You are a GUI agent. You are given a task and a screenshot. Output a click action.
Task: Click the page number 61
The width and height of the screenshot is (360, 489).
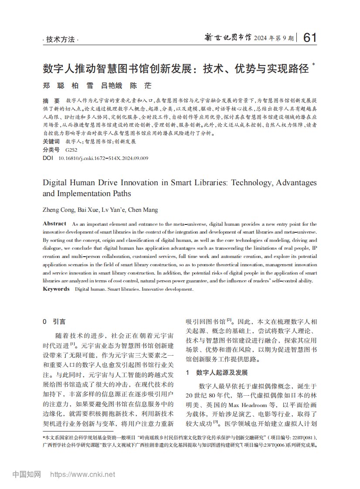[x=309, y=38]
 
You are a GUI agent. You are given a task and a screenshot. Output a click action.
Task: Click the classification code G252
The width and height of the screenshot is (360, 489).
[x=71, y=149]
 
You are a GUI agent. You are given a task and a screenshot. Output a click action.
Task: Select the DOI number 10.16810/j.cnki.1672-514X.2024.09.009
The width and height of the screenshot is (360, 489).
[x=103, y=158]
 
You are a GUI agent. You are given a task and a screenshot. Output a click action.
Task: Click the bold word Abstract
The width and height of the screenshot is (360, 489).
[x=54, y=224]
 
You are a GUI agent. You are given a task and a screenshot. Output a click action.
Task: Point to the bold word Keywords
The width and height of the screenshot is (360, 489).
[x=56, y=289]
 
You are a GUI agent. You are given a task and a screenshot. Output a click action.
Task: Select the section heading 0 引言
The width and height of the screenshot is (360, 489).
[x=54, y=322]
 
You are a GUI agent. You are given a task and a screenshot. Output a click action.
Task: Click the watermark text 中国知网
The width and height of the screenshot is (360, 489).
[x=27, y=474]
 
